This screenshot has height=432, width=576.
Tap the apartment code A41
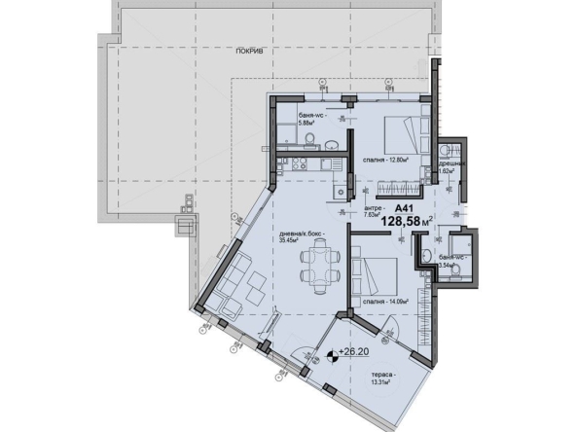402,207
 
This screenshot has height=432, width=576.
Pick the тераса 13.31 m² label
374,378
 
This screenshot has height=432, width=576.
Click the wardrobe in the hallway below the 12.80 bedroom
390,186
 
